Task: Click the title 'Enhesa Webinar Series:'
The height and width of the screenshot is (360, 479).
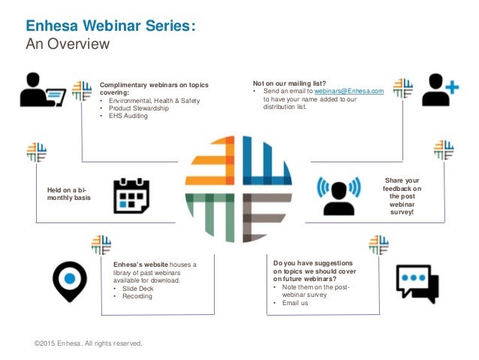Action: point(112,27)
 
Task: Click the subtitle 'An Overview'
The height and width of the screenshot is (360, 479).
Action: point(68,44)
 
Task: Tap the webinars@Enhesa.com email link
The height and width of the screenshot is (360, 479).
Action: point(354,92)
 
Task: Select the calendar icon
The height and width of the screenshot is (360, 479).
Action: point(131,196)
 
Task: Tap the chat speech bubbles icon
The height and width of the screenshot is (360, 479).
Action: point(417,283)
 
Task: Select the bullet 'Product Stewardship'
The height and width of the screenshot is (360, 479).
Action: point(139,108)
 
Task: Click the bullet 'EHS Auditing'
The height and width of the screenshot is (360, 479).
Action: point(128,116)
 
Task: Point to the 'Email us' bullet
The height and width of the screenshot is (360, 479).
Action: point(294,304)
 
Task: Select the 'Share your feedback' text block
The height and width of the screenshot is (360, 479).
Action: point(403,196)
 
